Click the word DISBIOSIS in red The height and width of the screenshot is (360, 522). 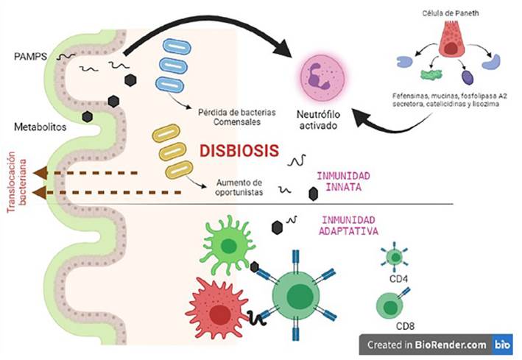[x=240, y=151]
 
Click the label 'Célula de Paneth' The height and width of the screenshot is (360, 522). [x=450, y=13]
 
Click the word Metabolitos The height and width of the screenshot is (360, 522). [x=38, y=126]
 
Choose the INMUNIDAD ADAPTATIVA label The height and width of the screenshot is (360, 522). [x=350, y=225]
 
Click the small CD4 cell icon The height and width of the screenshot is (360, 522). [x=395, y=257]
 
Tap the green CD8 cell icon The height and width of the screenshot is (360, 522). [x=389, y=303]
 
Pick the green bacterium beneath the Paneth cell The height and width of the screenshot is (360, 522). [x=410, y=74]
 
